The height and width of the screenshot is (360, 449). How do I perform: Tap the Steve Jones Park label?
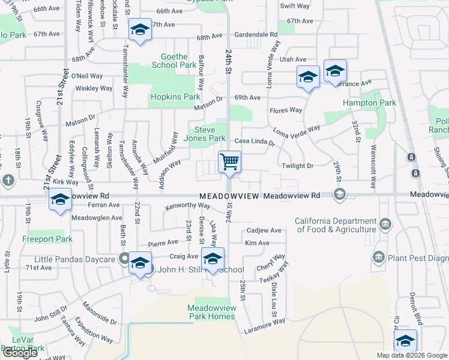click(208, 134)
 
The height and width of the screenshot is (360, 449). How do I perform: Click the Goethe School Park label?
click(173, 61)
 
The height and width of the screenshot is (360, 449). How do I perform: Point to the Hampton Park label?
click(369, 103)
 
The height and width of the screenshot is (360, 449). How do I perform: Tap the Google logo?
click(20, 353)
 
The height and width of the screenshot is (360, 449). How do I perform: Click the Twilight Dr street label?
click(297, 166)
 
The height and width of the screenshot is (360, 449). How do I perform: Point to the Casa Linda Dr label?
click(254, 142)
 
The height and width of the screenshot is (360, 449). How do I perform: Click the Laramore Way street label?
click(264, 326)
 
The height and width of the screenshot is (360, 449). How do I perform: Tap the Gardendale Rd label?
click(256, 35)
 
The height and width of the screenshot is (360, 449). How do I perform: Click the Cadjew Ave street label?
click(264, 230)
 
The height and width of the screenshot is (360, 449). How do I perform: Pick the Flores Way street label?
click(286, 110)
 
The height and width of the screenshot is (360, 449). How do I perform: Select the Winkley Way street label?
click(94, 88)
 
